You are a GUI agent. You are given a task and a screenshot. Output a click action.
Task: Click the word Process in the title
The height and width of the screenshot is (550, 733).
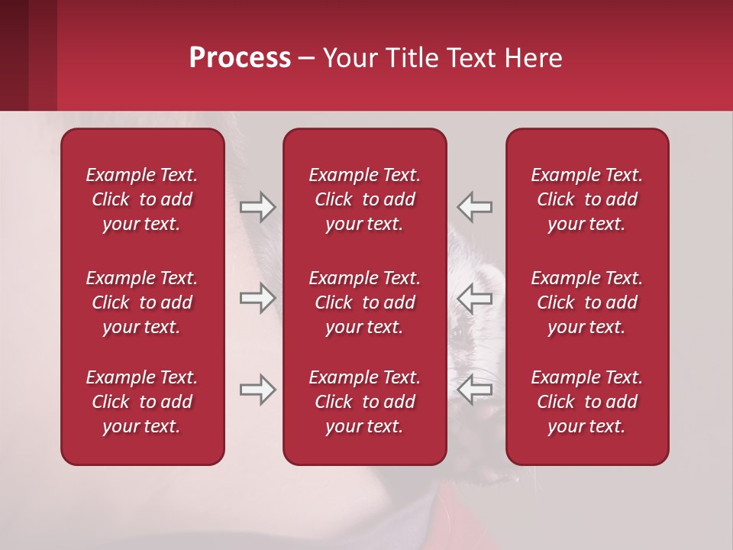pyautogui.click(x=240, y=58)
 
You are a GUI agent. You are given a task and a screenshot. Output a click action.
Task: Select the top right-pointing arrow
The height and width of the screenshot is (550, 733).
pyautogui.click(x=257, y=207)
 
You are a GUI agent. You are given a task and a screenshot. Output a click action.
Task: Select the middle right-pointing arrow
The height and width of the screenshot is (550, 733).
pyautogui.click(x=257, y=298)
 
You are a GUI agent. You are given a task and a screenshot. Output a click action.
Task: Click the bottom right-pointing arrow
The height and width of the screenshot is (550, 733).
pyautogui.click(x=257, y=390)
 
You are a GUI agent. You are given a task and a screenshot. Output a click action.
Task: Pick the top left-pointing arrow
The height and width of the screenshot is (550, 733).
pyautogui.click(x=475, y=207)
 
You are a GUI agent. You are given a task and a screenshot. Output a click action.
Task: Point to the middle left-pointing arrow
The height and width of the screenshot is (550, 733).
pyautogui.click(x=475, y=298)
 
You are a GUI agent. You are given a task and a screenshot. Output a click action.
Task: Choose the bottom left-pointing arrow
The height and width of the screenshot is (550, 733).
pyautogui.click(x=475, y=390)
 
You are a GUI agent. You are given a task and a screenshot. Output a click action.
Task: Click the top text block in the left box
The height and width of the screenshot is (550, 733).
pyautogui.click(x=142, y=199)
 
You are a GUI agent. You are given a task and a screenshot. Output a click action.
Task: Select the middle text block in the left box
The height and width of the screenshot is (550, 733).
pyautogui.click(x=142, y=302)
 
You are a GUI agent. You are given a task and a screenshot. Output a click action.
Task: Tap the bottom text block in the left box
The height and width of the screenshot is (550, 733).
pyautogui.click(x=142, y=402)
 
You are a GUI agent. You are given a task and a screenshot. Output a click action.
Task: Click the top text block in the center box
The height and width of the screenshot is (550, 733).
pyautogui.click(x=365, y=199)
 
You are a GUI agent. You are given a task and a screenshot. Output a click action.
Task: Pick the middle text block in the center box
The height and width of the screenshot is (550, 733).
pyautogui.click(x=365, y=302)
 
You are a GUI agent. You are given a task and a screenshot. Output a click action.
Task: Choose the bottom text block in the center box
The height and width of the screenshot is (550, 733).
pyautogui.click(x=365, y=402)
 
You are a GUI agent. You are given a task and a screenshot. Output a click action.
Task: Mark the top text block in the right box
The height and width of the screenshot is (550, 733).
pyautogui.click(x=587, y=199)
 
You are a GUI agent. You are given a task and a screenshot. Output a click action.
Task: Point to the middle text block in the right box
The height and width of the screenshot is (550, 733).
pyautogui.click(x=587, y=302)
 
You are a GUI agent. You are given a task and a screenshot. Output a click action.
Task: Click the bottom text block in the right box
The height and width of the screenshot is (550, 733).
pyautogui.click(x=587, y=402)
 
